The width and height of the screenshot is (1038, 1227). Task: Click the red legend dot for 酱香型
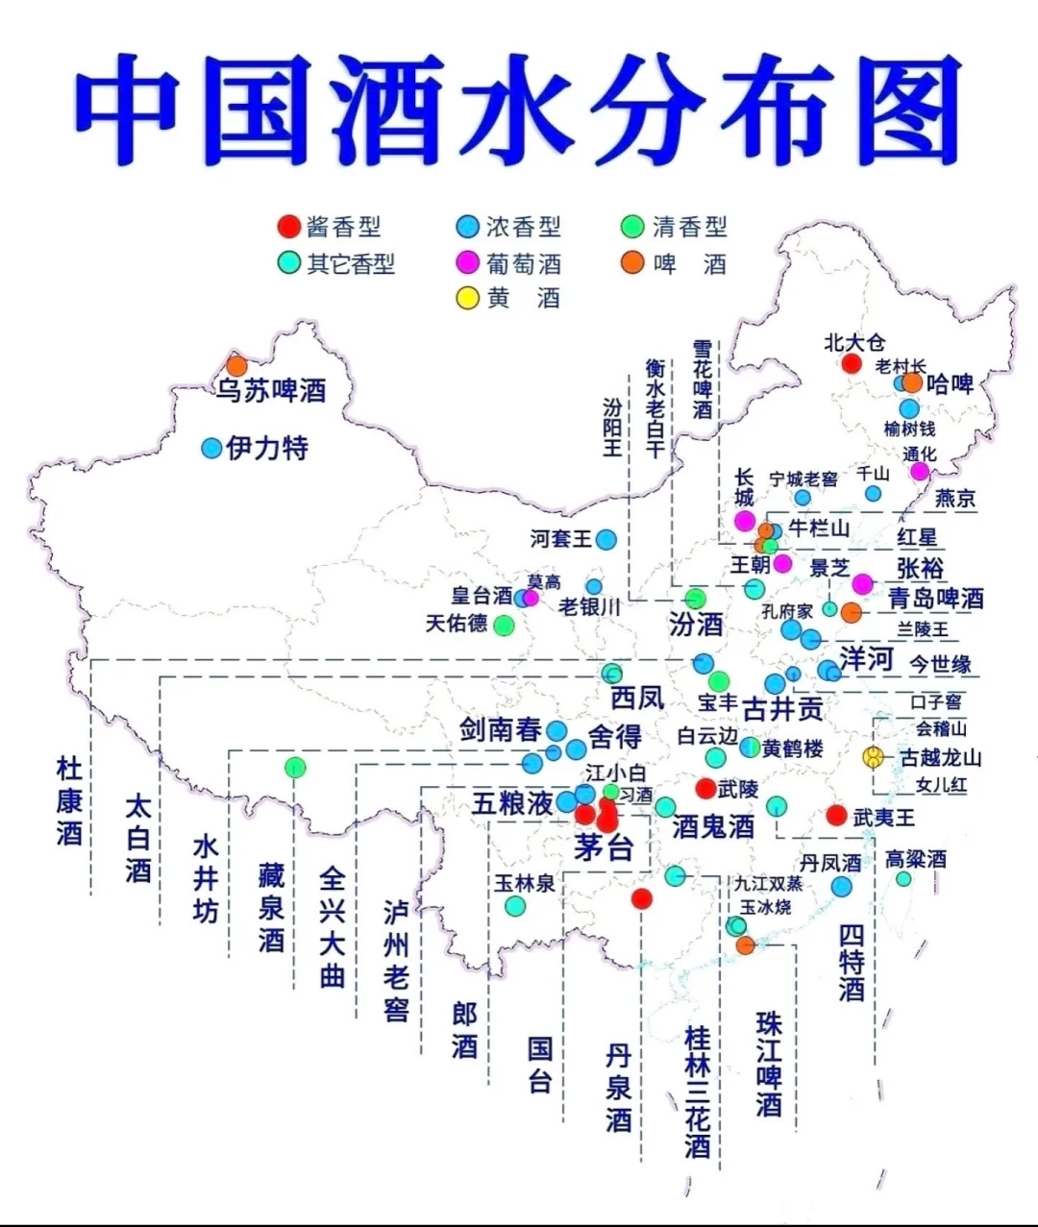287,227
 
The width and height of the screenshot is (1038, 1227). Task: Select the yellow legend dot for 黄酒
468,298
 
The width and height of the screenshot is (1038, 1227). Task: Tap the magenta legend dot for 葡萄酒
468,262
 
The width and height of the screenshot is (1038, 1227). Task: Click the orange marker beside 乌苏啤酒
236,365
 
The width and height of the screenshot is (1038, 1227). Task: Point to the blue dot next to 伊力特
211,448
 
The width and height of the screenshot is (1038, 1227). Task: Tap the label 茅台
604,847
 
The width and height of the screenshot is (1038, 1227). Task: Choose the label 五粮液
512,802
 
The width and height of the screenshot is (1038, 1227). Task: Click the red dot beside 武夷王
836,815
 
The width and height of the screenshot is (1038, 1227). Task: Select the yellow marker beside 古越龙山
873,757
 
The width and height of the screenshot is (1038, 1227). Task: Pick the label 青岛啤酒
935,598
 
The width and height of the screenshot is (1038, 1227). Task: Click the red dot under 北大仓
851,363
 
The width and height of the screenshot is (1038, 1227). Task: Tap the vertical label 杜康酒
69,800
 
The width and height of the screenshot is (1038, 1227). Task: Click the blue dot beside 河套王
605,539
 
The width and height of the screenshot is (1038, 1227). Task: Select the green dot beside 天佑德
503,626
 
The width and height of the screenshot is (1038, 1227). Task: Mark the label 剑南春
500,730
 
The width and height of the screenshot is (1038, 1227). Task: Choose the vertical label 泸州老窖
396,961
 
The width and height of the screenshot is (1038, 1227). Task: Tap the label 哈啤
951,384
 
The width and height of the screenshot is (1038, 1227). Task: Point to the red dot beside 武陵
705,789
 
